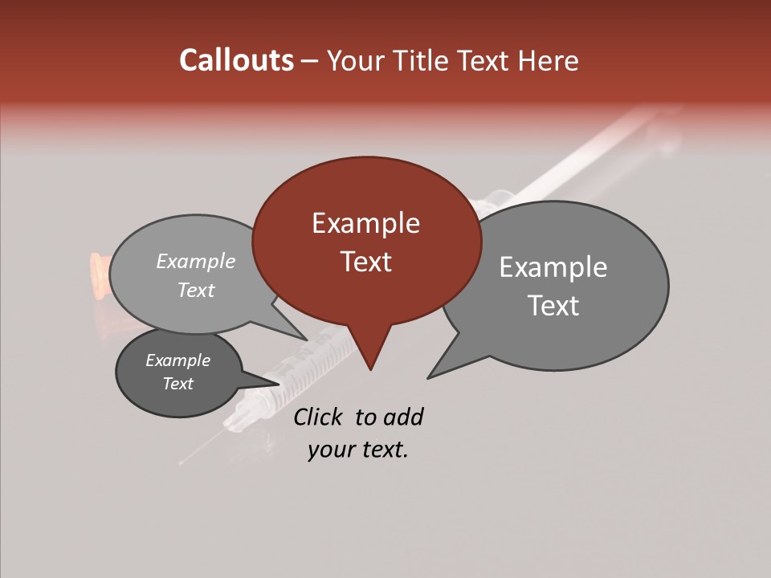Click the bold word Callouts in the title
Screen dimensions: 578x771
click(236, 60)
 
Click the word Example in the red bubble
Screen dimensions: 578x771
click(365, 223)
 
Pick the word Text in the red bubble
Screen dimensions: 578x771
click(365, 262)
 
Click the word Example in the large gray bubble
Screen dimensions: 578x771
click(553, 267)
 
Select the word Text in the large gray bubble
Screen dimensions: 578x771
click(553, 306)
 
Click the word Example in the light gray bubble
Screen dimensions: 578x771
click(196, 261)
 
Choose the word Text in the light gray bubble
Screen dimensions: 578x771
click(196, 290)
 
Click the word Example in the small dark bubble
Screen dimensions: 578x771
click(177, 360)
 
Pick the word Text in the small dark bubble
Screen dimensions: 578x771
click(177, 384)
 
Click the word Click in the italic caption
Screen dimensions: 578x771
click(320, 417)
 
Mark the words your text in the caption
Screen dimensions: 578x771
click(357, 450)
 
